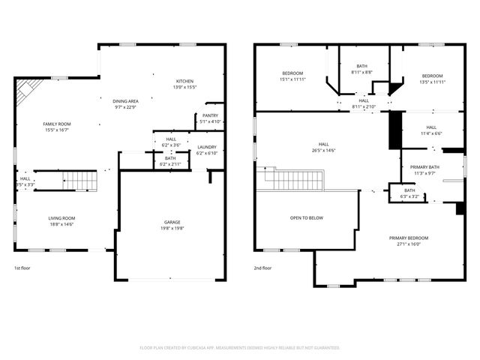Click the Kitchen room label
[185, 81]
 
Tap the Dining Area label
[125, 100]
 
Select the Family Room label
[55, 124]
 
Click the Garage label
[172, 222]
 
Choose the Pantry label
[210, 115]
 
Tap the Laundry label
[207, 147]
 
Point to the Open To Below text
[306, 218]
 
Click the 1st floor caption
[22, 268]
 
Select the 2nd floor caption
[262, 268]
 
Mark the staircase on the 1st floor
[77, 181]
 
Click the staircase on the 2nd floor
[295, 179]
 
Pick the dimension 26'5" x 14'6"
[323, 150]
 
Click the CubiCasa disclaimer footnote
[240, 348]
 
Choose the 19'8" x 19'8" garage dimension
[172, 228]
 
